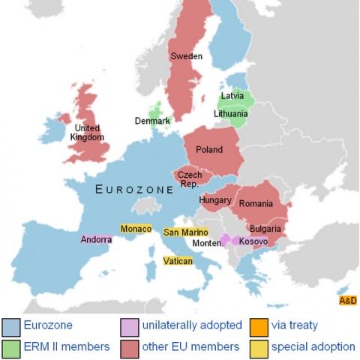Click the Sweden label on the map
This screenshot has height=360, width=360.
coord(186,56)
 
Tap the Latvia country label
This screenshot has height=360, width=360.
coord(232,96)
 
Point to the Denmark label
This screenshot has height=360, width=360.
coord(152,121)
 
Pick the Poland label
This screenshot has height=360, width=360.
coord(209,150)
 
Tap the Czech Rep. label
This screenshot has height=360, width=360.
coord(189,179)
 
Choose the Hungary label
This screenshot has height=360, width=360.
coord(215,200)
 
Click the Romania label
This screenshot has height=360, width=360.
coord(256,203)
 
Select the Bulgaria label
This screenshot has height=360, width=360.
coord(265,229)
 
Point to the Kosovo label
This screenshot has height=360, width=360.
coord(253,241)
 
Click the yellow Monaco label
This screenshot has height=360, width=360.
coord(136,229)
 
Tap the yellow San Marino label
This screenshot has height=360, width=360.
coord(186,233)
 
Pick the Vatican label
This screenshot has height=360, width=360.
coord(178,261)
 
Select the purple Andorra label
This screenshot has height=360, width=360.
coord(97,240)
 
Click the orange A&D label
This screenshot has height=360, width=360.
coord(348,301)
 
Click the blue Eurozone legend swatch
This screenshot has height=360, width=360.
coord(11,326)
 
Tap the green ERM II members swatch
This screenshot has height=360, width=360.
coord(11,346)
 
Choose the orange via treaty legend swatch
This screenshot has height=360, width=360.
coord(259,326)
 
